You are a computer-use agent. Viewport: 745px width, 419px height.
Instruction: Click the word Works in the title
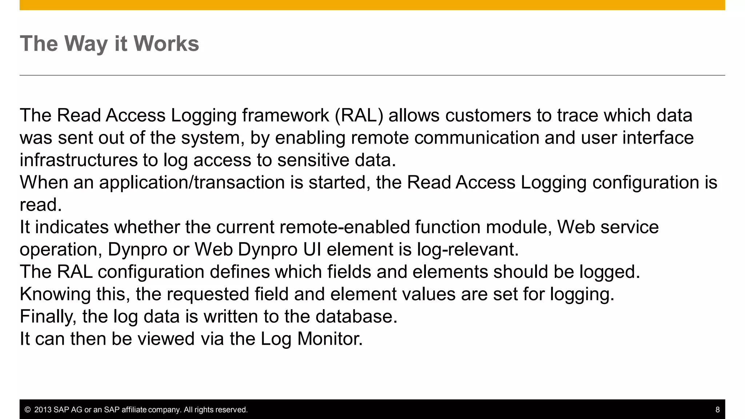(x=166, y=44)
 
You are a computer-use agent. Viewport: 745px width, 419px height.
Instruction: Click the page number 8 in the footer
(x=717, y=410)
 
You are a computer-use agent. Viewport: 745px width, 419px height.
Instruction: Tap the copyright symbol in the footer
(x=27, y=410)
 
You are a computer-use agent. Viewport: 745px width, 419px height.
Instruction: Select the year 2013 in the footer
(x=43, y=410)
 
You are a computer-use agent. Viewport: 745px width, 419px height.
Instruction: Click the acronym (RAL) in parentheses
(x=359, y=116)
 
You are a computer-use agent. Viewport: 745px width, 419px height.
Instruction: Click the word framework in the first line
(x=286, y=116)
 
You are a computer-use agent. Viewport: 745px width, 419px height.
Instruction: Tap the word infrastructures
(x=79, y=160)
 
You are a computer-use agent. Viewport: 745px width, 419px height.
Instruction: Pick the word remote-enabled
(x=345, y=227)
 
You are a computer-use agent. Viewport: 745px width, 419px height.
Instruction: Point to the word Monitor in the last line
(x=330, y=339)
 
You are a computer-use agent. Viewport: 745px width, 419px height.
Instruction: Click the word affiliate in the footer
(x=134, y=410)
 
